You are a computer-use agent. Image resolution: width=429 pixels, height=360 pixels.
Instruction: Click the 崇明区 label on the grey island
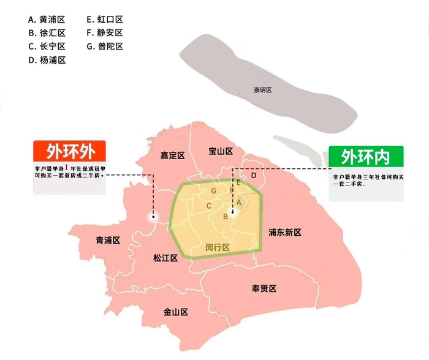[262, 90]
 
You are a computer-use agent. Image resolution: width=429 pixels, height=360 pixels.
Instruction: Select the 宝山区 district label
[220, 151]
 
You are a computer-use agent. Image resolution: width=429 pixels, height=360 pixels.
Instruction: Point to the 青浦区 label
[107, 240]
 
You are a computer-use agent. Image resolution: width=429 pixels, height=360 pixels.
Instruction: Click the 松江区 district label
[165, 258]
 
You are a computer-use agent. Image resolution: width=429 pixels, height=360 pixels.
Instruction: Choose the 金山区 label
[175, 312]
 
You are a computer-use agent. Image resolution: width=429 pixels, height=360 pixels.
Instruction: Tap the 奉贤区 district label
[264, 288]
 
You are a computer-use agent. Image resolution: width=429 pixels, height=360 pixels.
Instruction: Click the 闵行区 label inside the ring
[217, 247]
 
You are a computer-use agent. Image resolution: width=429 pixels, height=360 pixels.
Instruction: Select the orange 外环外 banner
[69, 151]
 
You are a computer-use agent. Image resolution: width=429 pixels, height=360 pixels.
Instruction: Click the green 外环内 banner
[366, 156]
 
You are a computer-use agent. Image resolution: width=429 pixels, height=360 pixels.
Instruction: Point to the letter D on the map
[254, 176]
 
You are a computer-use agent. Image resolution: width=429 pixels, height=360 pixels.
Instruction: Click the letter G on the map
[213, 191]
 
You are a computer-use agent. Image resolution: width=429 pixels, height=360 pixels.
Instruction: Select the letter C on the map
[210, 206]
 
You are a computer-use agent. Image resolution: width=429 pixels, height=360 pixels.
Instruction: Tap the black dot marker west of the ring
[153, 216]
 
